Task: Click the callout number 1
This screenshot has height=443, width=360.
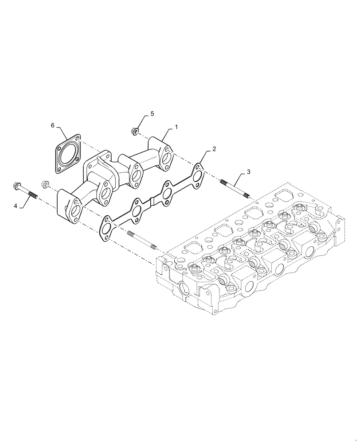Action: (176, 127)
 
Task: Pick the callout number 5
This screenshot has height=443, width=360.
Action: (152, 114)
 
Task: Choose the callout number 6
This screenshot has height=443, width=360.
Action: (53, 126)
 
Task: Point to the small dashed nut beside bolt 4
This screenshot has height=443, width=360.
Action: (45, 184)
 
